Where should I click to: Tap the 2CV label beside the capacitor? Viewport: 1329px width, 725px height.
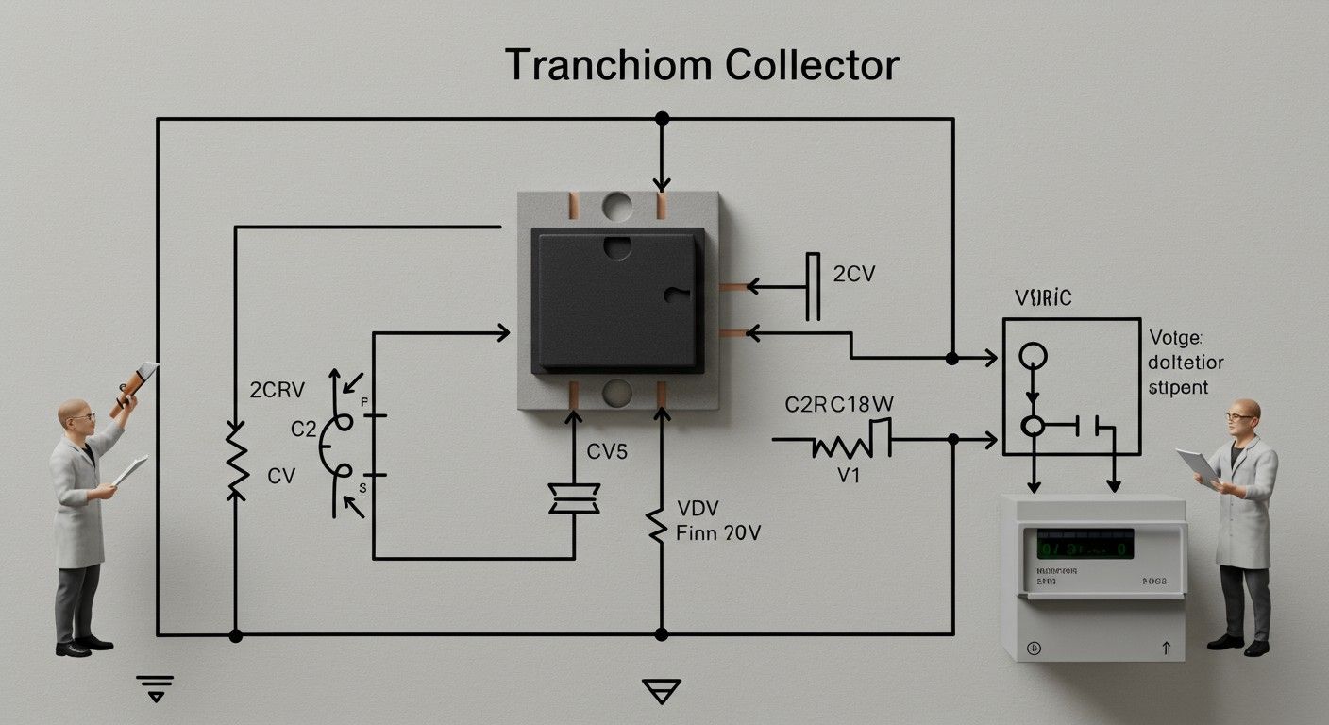(x=854, y=275)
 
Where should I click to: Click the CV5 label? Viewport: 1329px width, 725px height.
(x=607, y=452)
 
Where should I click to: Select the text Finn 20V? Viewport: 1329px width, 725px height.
(x=719, y=533)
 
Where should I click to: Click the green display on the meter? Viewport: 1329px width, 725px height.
(x=1085, y=545)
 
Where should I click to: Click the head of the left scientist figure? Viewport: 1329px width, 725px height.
(x=76, y=413)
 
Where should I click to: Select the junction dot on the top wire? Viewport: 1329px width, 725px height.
(x=662, y=119)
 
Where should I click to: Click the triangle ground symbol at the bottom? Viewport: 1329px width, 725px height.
(x=660, y=692)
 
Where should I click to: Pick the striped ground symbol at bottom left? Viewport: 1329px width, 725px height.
(x=156, y=686)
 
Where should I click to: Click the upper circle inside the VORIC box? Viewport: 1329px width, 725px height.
(x=1034, y=355)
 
